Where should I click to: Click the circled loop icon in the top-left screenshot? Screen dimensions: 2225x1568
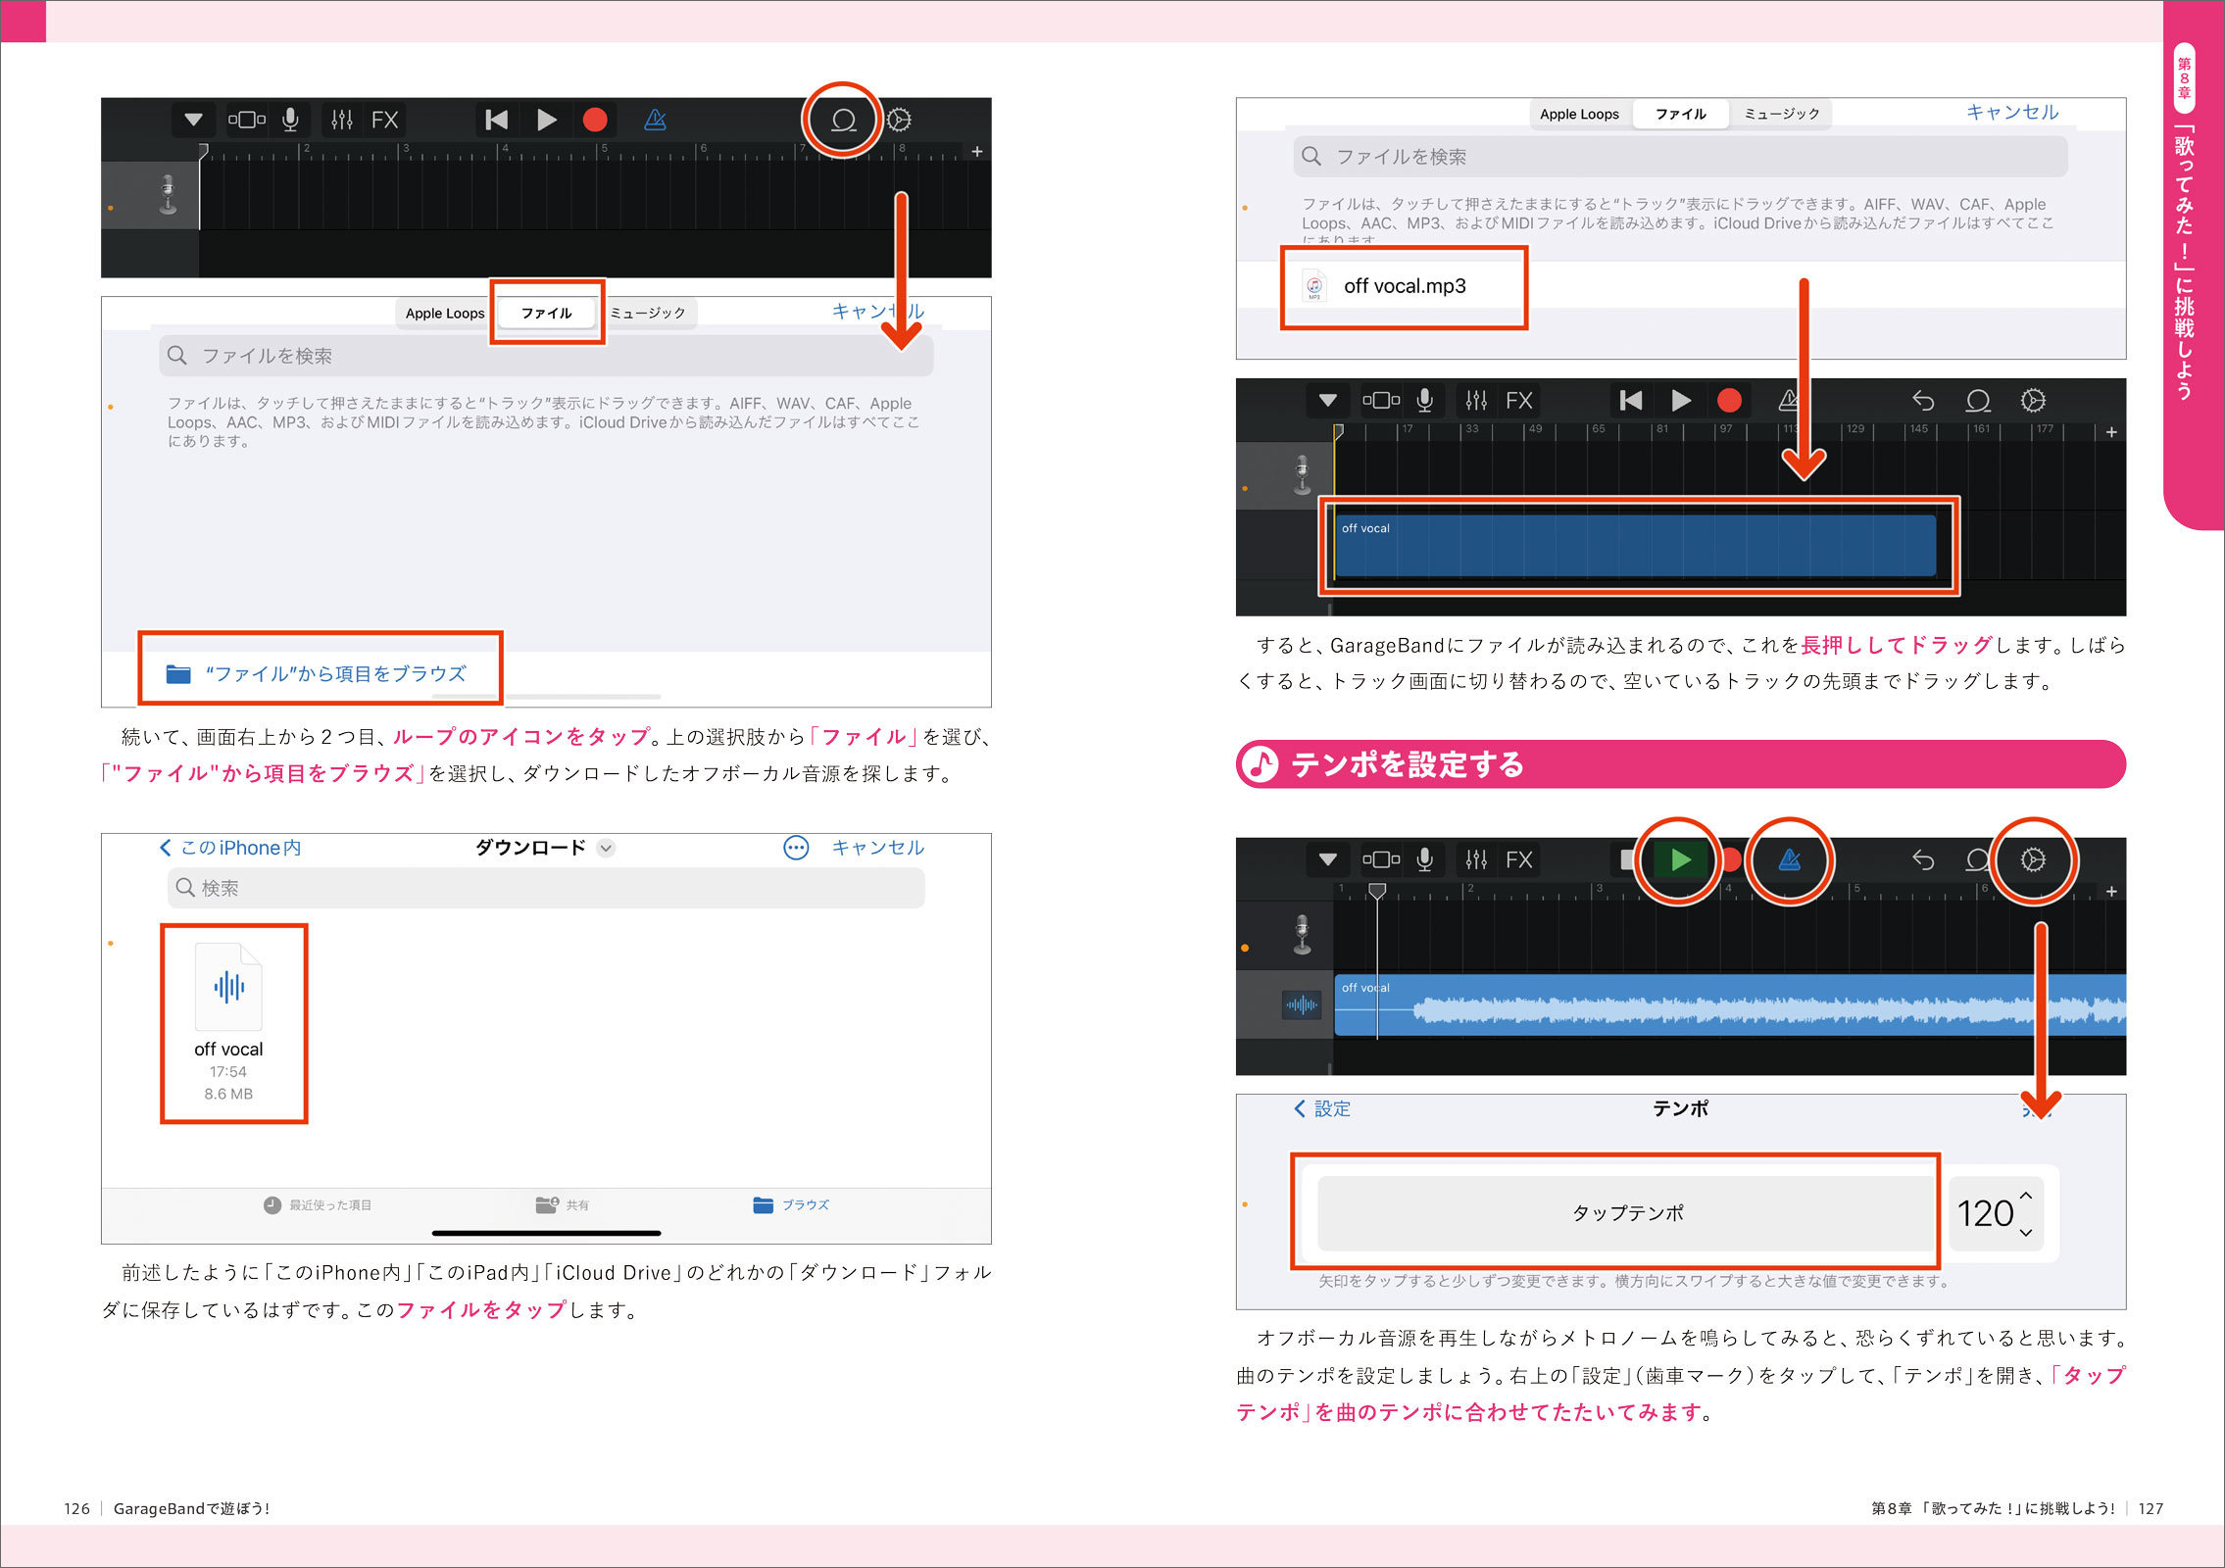pos(843,120)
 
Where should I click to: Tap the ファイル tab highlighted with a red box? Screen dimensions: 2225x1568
pos(547,313)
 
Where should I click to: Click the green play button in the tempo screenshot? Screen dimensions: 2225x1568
pos(1680,859)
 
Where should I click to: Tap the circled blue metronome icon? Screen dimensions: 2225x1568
pos(1790,859)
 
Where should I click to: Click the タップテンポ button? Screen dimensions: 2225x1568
pos(1627,1213)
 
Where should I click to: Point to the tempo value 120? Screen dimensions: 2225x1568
pos(1985,1213)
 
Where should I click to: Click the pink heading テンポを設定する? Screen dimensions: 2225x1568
pos(1408,764)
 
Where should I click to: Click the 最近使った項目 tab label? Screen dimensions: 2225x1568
pos(330,1204)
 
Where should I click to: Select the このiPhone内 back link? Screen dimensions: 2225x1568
pos(230,848)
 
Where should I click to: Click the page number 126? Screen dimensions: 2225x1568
pos(76,1508)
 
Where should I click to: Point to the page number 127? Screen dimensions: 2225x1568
pos(2151,1508)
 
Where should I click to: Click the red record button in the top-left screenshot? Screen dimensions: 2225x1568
pos(595,120)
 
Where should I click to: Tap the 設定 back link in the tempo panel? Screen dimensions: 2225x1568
pos(1322,1108)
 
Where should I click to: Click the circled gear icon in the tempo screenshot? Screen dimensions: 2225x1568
pos(2034,859)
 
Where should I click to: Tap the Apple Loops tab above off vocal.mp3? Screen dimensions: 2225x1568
pos(1579,114)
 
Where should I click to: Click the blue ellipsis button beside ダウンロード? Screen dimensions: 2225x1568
pos(796,848)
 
